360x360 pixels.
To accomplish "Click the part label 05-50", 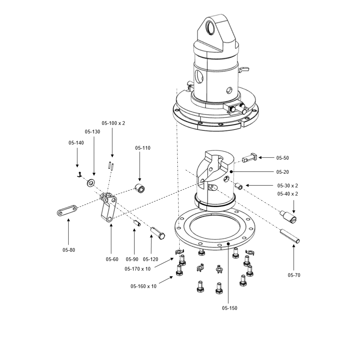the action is (x=282, y=158).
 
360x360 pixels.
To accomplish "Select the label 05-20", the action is (x=282, y=172).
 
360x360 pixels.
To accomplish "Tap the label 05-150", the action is (x=230, y=308).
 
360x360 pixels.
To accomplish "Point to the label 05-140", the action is (x=76, y=143).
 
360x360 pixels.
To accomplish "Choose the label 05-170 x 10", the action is (x=137, y=269).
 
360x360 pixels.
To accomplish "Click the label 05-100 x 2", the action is (x=113, y=123).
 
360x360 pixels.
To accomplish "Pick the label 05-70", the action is (x=294, y=275).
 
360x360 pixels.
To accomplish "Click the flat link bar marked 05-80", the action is (x=67, y=210).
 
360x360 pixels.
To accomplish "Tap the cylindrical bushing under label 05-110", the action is (x=139, y=188).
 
